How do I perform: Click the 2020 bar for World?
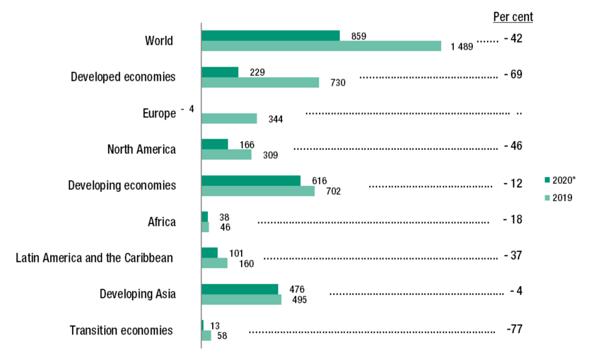tap(271, 35)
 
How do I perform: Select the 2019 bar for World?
tap(321, 46)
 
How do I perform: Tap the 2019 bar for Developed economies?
tap(260, 82)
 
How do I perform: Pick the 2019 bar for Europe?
tap(229, 118)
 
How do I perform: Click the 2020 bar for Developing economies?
tap(251, 181)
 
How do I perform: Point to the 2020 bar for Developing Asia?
tap(239, 289)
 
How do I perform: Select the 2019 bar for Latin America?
tap(214, 263)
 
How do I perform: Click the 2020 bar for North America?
tap(215, 144)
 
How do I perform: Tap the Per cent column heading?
tap(513, 17)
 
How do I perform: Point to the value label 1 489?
tap(462, 47)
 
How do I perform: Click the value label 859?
tap(358, 36)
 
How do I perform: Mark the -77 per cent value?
tap(515, 329)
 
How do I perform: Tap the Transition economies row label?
tap(121, 331)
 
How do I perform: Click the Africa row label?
tap(161, 222)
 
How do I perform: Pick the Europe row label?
tap(159, 113)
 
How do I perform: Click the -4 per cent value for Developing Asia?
tap(516, 291)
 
